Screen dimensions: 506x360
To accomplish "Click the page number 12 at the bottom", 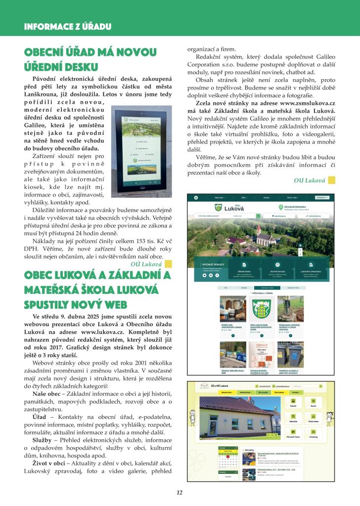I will click(180, 492).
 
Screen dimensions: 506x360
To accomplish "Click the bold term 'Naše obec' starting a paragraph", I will click(46, 393).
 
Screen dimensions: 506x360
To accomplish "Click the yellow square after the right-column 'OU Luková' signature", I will click(331, 180).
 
